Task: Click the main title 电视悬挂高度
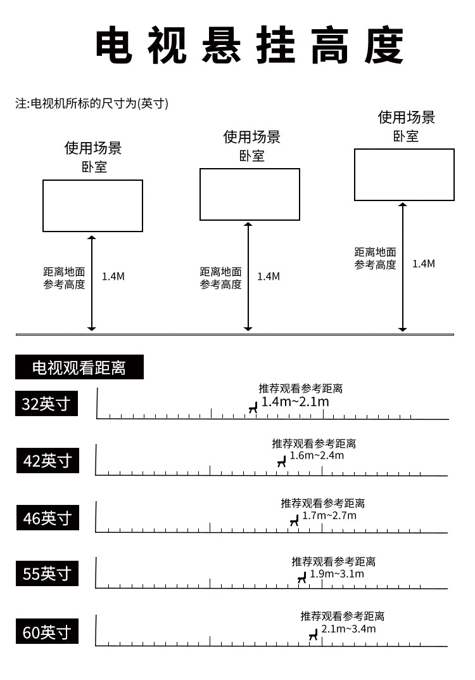(250, 45)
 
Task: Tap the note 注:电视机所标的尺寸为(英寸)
(92, 103)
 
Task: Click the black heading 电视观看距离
(79, 367)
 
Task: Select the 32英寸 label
(46, 403)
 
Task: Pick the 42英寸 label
(47, 460)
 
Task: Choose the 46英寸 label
(47, 518)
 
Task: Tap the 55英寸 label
(47, 573)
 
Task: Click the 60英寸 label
(47, 631)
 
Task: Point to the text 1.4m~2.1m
(295, 402)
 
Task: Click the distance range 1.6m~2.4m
(317, 455)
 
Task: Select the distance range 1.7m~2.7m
(329, 516)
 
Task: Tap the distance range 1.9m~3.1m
(337, 573)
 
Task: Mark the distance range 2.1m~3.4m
(348, 629)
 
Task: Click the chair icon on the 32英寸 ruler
(253, 407)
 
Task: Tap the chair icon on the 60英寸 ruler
(313, 635)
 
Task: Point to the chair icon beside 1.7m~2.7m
(294, 520)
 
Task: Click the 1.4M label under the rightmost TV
(424, 264)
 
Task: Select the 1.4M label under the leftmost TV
(113, 277)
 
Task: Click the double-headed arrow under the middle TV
(248, 277)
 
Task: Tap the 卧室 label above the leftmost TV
(94, 167)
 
